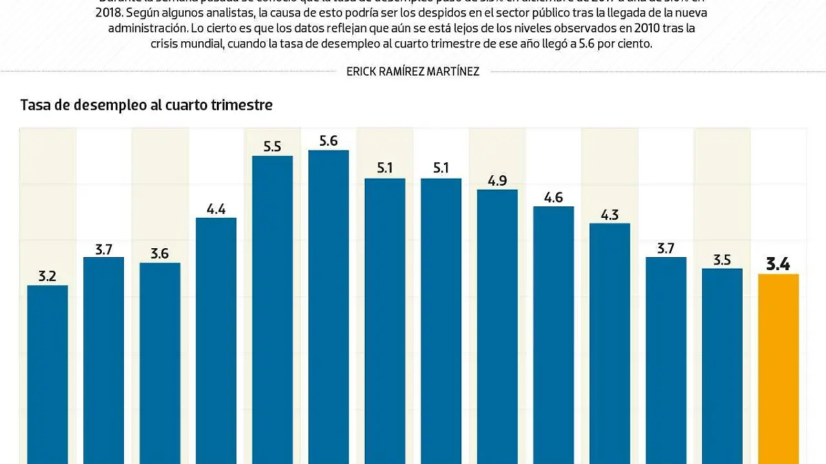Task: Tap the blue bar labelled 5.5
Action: click(272, 309)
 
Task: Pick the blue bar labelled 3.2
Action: click(47, 375)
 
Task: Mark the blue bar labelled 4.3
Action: click(609, 344)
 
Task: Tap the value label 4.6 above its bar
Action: click(553, 198)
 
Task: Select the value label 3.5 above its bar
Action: click(722, 260)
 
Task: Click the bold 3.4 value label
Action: click(778, 263)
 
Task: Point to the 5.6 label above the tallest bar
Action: click(328, 141)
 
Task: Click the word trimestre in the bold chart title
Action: click(244, 105)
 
